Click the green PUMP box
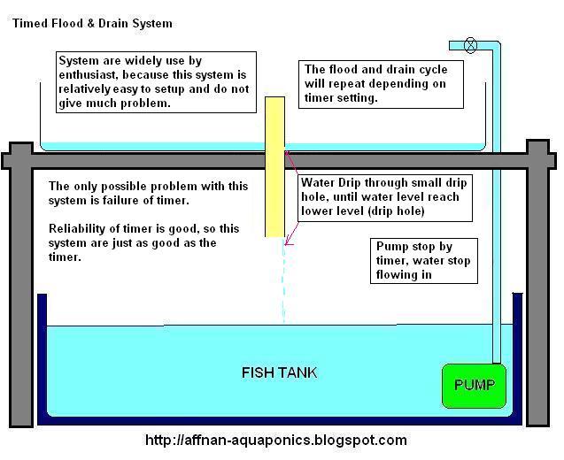pos(474,386)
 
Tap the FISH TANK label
pos(279,372)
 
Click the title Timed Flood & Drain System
pos(92,23)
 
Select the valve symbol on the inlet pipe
pos(470,45)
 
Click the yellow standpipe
pos(274,166)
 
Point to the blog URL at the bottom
pos(275,440)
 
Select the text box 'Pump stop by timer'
pos(425,260)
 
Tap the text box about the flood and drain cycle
pos(382,83)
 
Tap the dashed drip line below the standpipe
pos(283,283)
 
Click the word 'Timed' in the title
pos(28,23)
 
